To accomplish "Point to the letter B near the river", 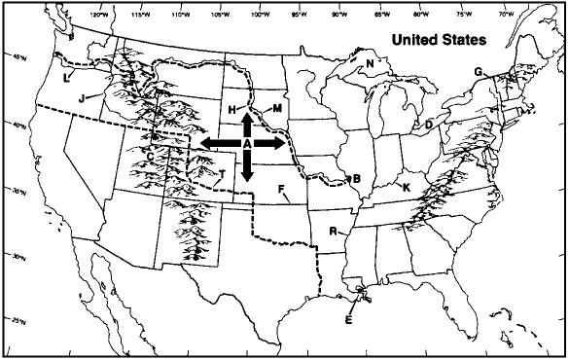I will (x=357, y=179).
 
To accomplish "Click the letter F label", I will (x=281, y=188).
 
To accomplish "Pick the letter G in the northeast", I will (x=478, y=72).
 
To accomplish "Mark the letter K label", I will (x=407, y=186).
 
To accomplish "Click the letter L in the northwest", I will (x=66, y=76).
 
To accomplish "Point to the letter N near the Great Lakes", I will (x=370, y=64).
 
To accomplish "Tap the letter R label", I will (x=333, y=232).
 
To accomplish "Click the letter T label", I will (x=222, y=174).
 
